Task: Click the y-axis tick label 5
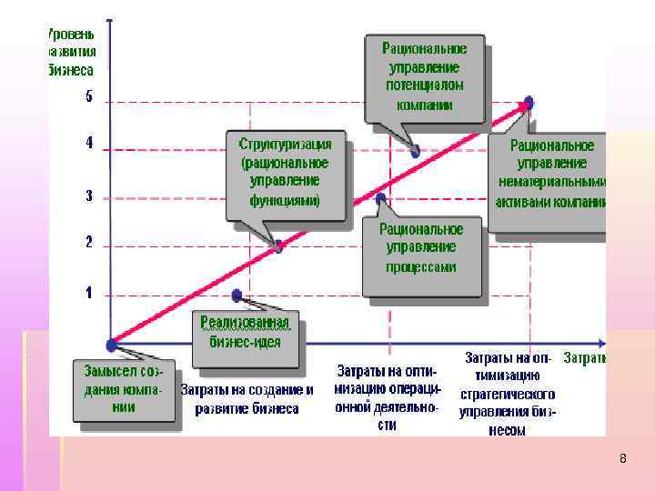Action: (x=89, y=97)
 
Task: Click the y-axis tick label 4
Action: (x=89, y=144)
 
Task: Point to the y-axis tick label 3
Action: (x=89, y=195)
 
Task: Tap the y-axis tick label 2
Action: (x=89, y=243)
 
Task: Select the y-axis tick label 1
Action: (x=89, y=293)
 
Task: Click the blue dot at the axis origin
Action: (x=110, y=345)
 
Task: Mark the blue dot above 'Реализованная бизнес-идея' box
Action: (x=237, y=295)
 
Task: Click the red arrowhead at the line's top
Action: (x=526, y=105)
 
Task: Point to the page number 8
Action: (x=622, y=458)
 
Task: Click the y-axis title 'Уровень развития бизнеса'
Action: (x=71, y=51)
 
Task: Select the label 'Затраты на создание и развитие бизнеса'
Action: (x=247, y=399)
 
